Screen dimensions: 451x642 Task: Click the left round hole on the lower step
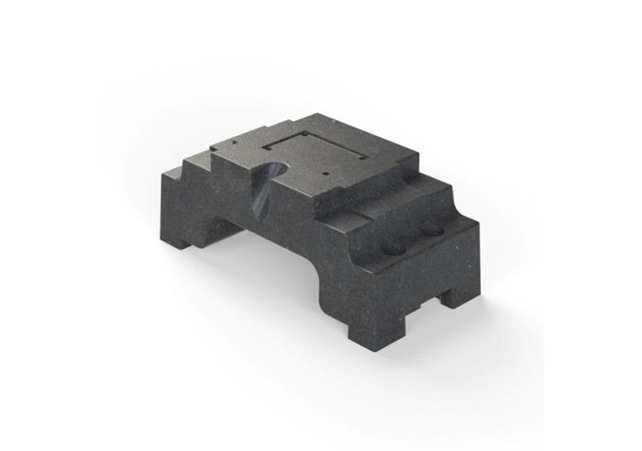[393, 248]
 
